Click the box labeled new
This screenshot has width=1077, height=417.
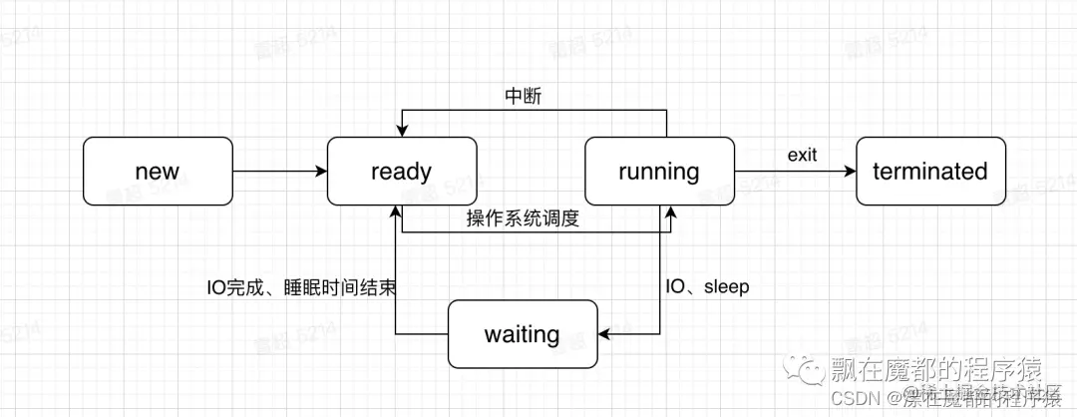[157, 172]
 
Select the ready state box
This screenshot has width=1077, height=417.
[402, 172]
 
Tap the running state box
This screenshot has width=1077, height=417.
[658, 172]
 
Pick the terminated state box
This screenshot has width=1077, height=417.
[929, 172]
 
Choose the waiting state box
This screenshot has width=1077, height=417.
[522, 334]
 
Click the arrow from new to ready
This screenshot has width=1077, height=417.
[279, 172]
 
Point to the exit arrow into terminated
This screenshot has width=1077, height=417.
[795, 172]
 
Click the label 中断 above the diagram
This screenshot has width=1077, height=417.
[525, 97]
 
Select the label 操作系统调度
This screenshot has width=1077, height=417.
[523, 218]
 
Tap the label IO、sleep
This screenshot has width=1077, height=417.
[706, 286]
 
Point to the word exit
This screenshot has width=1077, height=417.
[802, 155]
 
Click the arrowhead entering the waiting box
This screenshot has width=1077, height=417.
[603, 334]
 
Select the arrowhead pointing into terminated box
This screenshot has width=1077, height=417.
[850, 172]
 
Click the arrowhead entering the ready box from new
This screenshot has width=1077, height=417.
[321, 172]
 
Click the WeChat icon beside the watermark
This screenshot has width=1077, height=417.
[805, 371]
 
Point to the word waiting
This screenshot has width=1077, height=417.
[522, 334]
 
